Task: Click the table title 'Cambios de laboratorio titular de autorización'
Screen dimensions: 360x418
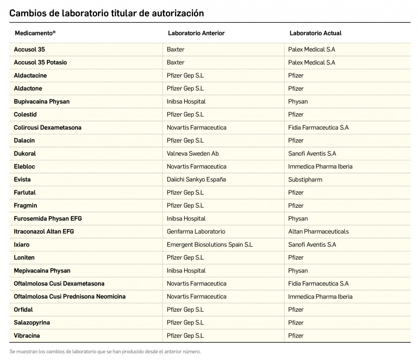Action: coord(107,13)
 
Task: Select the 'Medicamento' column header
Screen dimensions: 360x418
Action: coord(35,33)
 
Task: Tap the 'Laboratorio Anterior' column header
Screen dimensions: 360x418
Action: coord(196,33)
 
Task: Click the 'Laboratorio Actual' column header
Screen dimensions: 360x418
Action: coord(315,33)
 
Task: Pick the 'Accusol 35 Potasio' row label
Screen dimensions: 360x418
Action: coord(40,62)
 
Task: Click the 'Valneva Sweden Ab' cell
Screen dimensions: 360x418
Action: coord(193,153)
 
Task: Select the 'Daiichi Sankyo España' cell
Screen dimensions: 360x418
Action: coord(196,180)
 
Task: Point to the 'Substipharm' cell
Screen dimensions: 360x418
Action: coord(305,180)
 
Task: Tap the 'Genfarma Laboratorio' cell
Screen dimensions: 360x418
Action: coord(196,231)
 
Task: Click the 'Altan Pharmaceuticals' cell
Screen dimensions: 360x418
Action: coord(318,231)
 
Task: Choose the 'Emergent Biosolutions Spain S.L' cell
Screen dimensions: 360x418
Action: coord(210,244)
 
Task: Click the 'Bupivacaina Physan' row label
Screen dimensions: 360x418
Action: coord(42,102)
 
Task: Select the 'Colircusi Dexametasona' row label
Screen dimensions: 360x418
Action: coord(48,127)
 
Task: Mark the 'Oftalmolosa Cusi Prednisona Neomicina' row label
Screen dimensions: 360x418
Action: coord(70,297)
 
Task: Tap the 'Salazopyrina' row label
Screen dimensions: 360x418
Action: coord(32,322)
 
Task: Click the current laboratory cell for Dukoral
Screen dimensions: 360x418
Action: coord(312,153)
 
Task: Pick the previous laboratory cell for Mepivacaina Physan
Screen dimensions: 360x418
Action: coord(186,271)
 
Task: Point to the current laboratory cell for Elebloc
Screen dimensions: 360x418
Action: coord(320,167)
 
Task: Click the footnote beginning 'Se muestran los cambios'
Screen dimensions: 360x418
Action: coord(105,351)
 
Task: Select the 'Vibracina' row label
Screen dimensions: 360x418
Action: coord(27,336)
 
